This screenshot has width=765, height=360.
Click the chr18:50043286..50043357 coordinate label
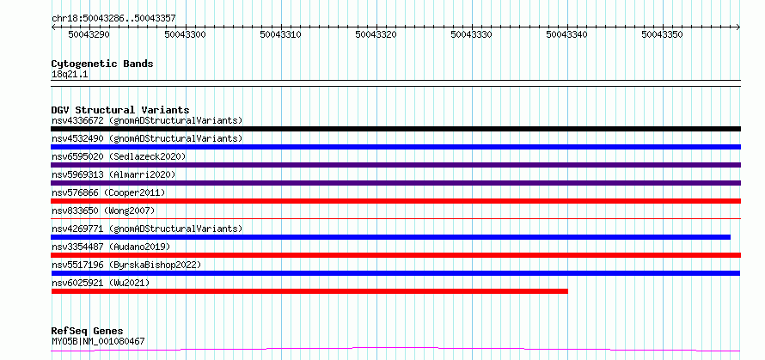pyautogui.click(x=113, y=19)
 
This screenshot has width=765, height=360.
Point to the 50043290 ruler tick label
pyautogui.click(x=89, y=34)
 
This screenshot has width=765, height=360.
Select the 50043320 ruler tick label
pyautogui.click(x=376, y=34)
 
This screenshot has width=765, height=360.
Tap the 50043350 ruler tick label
pyautogui.click(x=662, y=34)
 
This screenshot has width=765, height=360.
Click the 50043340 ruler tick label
pyautogui.click(x=567, y=34)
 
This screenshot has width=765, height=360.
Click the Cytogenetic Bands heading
pyautogui.click(x=102, y=64)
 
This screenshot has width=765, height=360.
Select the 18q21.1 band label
pyautogui.click(x=70, y=75)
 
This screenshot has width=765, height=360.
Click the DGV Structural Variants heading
pyautogui.click(x=120, y=110)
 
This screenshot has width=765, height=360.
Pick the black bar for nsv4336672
pyautogui.click(x=395, y=129)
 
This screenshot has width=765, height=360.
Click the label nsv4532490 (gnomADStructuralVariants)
pyautogui.click(x=147, y=138)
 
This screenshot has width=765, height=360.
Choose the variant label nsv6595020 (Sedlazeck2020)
pyautogui.click(x=119, y=156)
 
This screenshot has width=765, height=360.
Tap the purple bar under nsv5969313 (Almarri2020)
pyautogui.click(x=395, y=183)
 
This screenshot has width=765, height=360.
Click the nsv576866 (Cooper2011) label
pyautogui.click(x=108, y=192)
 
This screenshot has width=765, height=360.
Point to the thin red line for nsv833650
pyautogui.click(x=395, y=218)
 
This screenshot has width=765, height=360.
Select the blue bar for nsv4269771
pyautogui.click(x=391, y=237)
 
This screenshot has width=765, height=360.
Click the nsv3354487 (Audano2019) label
pyautogui.click(x=111, y=247)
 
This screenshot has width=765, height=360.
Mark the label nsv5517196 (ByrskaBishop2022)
pyautogui.click(x=126, y=265)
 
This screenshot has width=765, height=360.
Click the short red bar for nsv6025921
pyautogui.click(x=309, y=291)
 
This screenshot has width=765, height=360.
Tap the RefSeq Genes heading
pyautogui.click(x=88, y=332)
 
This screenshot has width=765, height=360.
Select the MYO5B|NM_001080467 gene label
pyautogui.click(x=98, y=341)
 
